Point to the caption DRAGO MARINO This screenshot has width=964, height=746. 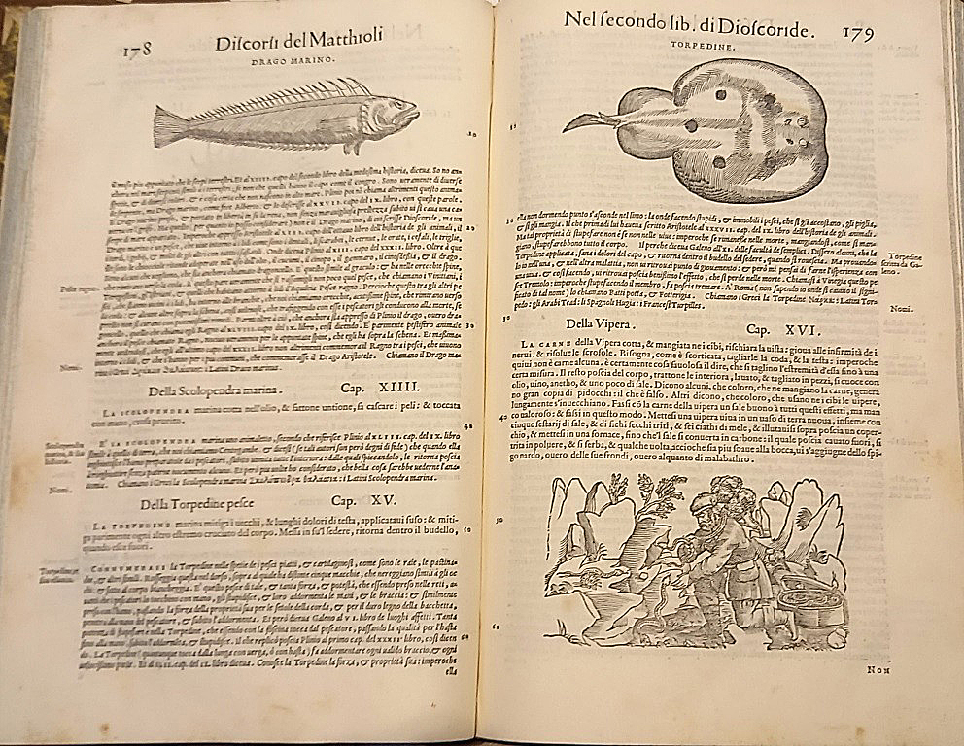[x=293, y=60]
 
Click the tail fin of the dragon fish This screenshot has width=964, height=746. [x=168, y=126]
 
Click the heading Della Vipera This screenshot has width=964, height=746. [x=584, y=323]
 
